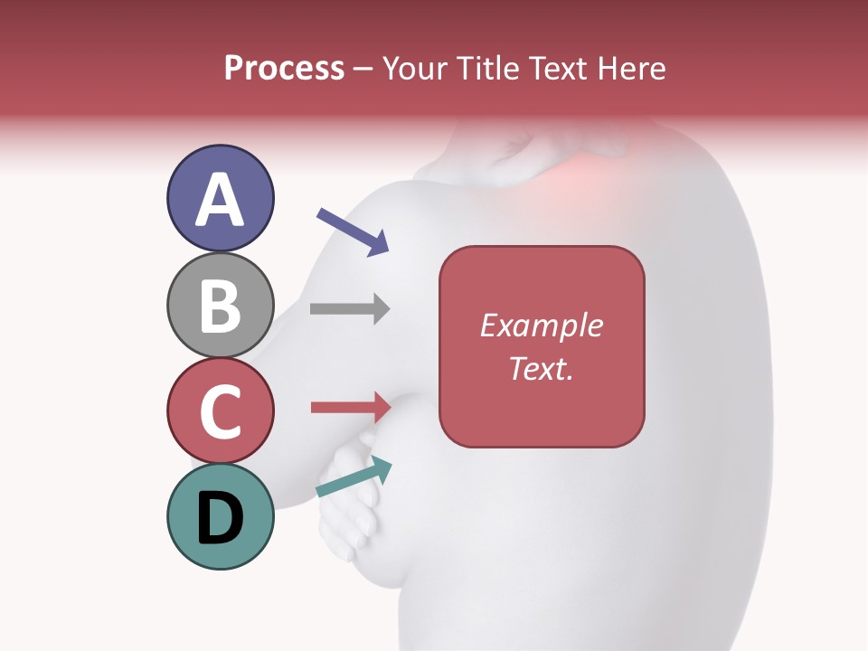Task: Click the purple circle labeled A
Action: tap(220, 198)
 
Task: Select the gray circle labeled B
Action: tap(220, 305)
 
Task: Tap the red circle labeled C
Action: tap(220, 410)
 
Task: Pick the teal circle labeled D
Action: tap(220, 516)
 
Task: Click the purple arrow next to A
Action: tap(353, 231)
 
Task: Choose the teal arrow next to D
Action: tap(354, 478)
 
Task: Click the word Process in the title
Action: tap(284, 69)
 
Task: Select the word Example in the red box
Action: tap(541, 325)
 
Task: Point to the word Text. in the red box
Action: tap(541, 368)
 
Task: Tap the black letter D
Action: tap(221, 518)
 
